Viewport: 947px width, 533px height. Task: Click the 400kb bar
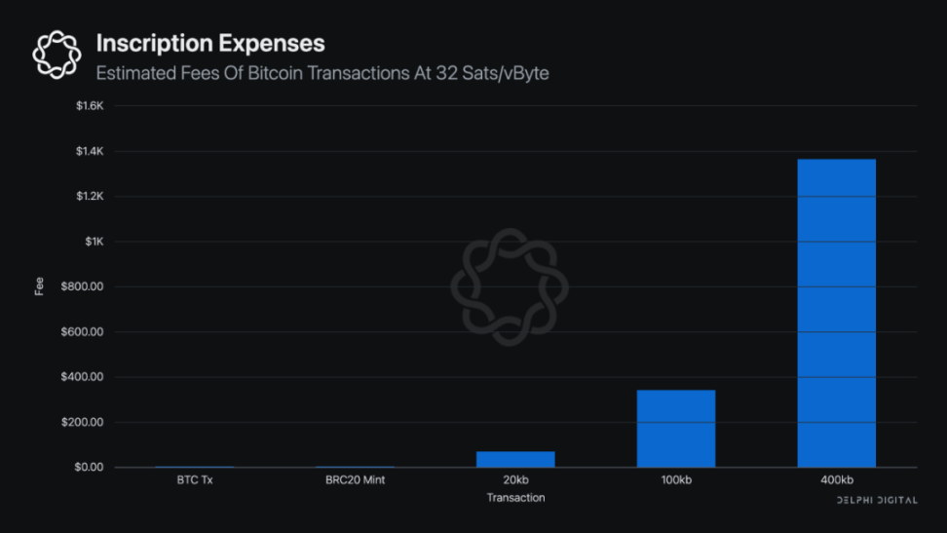pyautogui.click(x=836, y=313)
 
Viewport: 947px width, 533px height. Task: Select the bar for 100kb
pyautogui.click(x=676, y=429)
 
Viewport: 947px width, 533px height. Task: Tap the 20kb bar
pyautogui.click(x=515, y=459)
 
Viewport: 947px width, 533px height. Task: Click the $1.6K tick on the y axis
pyautogui.click(x=90, y=106)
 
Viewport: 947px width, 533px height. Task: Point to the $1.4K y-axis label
pyautogui.click(x=90, y=151)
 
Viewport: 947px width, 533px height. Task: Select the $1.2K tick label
pyautogui.click(x=90, y=197)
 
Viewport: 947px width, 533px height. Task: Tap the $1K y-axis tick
pyautogui.click(x=95, y=242)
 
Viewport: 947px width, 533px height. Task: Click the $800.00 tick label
pyautogui.click(x=84, y=286)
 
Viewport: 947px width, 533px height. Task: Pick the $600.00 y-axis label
pyautogui.click(x=84, y=332)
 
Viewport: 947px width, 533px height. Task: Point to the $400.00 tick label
pyautogui.click(x=84, y=377)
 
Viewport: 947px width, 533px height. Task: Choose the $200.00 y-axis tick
pyautogui.click(x=84, y=423)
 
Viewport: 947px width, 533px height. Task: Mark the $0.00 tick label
pyautogui.click(x=88, y=468)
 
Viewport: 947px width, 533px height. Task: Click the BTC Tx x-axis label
pyautogui.click(x=194, y=480)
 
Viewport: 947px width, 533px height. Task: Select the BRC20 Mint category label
pyautogui.click(x=355, y=480)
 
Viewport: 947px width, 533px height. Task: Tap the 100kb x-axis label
pyautogui.click(x=676, y=480)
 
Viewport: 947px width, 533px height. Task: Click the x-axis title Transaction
pyautogui.click(x=515, y=498)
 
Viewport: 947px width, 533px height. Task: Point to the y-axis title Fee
pyautogui.click(x=40, y=287)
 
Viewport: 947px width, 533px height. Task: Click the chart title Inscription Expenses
pyautogui.click(x=210, y=44)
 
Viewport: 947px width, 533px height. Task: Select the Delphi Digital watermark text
pyautogui.click(x=877, y=500)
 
